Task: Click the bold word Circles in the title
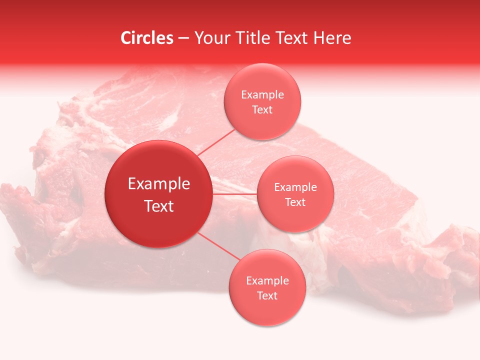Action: coord(146,38)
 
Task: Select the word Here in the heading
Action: coord(333,38)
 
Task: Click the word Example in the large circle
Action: coord(158,184)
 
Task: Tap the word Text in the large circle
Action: coord(158,206)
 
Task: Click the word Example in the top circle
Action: coord(262,95)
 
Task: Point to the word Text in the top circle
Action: coord(262,110)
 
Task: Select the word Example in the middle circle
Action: coord(295,187)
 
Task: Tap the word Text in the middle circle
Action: coord(295,202)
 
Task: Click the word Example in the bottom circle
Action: coord(267,281)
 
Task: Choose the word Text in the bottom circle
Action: coord(267,296)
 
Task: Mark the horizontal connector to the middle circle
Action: coord(235,193)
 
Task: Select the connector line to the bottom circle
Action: coord(217,246)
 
